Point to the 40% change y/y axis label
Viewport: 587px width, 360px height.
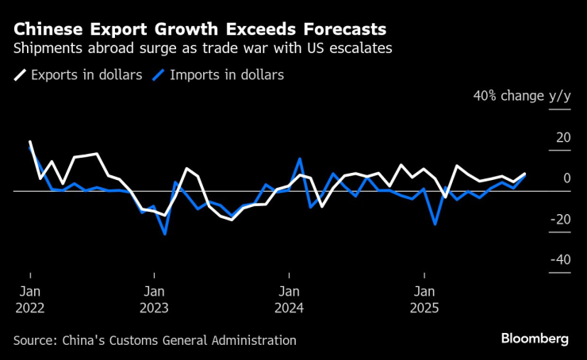click(521, 96)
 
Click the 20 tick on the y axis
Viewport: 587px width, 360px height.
click(562, 138)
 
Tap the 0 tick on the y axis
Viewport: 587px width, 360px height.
click(566, 178)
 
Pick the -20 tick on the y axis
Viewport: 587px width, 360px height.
click(560, 220)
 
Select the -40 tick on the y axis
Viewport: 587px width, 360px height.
click(560, 260)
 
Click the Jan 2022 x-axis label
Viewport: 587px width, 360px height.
click(29, 299)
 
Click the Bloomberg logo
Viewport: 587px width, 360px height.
click(535, 339)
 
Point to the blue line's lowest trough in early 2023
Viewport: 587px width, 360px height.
click(165, 234)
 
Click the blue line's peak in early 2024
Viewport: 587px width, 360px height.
click(300, 159)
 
